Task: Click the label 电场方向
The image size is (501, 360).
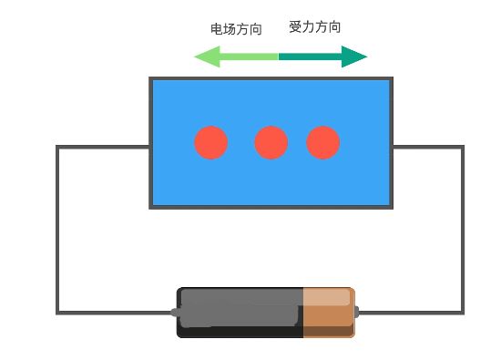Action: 236,29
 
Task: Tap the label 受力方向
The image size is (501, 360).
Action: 314,27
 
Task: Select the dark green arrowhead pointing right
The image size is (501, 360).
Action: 354,57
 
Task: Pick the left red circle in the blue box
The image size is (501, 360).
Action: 210,143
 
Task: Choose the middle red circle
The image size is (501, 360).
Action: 271,143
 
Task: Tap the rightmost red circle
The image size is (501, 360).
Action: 323,143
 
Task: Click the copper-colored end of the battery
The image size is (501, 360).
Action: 328,313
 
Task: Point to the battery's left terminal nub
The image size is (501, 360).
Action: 174,313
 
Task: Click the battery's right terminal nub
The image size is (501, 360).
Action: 356,313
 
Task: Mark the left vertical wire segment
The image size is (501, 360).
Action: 57,228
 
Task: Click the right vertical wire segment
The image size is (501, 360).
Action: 463,228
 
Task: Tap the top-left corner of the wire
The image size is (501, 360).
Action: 57,147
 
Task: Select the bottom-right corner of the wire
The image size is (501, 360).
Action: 463,313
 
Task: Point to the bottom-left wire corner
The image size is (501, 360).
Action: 57,313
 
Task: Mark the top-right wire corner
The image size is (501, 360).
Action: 463,147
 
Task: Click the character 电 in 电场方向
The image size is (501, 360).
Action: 217,29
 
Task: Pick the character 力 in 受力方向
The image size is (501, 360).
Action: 308,27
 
